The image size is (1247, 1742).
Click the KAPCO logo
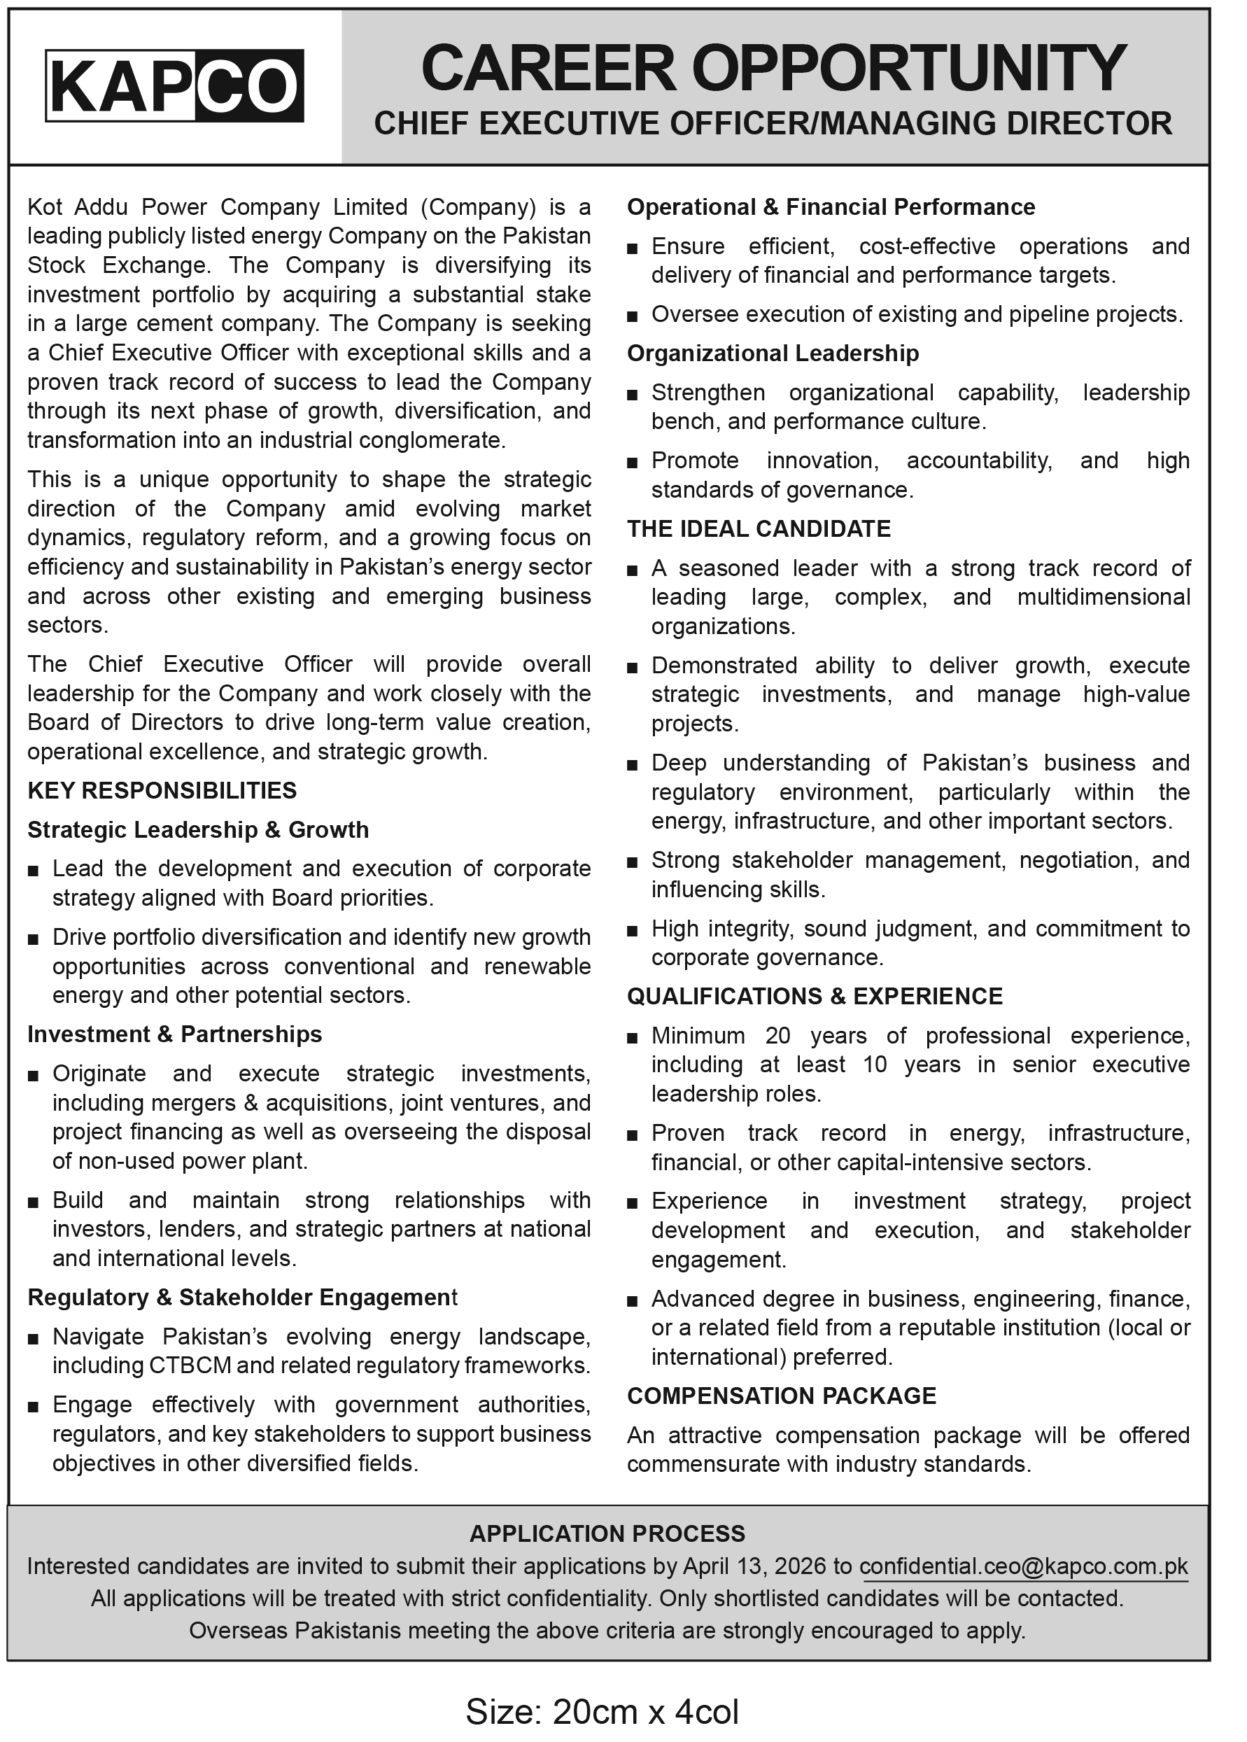174,85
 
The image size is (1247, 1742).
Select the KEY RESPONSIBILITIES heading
162,790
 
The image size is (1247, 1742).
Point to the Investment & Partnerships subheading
174,1034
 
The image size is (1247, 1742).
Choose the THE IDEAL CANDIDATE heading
759,528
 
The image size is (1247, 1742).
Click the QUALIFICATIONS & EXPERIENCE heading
815,996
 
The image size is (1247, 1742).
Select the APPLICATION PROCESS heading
607,1533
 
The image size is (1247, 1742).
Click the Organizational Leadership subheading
773,353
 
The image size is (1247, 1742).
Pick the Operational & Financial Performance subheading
831,206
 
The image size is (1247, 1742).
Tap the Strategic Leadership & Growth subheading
198,829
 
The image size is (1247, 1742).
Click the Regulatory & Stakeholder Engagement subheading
242,1297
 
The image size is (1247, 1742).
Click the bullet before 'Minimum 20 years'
632,1038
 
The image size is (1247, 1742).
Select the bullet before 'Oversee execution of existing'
632,316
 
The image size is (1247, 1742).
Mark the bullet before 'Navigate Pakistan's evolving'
33,1339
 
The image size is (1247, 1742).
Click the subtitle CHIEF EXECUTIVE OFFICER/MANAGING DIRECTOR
773,124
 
